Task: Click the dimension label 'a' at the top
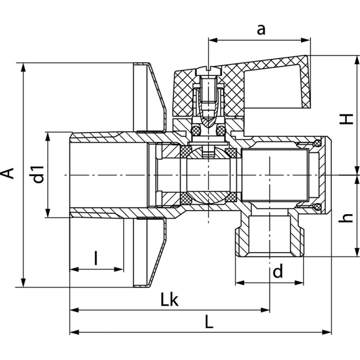pos(261,30)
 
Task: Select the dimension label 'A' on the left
pos(8,173)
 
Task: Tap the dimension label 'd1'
pos(39,175)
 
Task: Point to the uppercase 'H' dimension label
pos(346,119)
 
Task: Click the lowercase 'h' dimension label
pos(346,218)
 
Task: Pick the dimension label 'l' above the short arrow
pos(96,258)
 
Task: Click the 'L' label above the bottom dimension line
pos(209,321)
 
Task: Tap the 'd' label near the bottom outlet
pos(278,271)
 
